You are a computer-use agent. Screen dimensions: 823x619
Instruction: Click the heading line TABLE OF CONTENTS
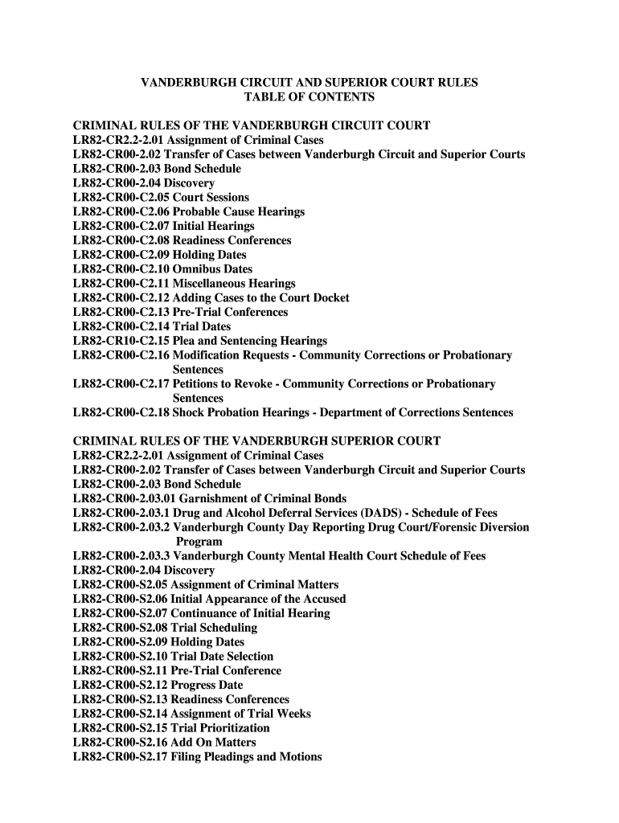[x=309, y=97]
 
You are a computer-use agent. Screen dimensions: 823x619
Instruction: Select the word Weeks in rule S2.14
[x=294, y=714]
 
